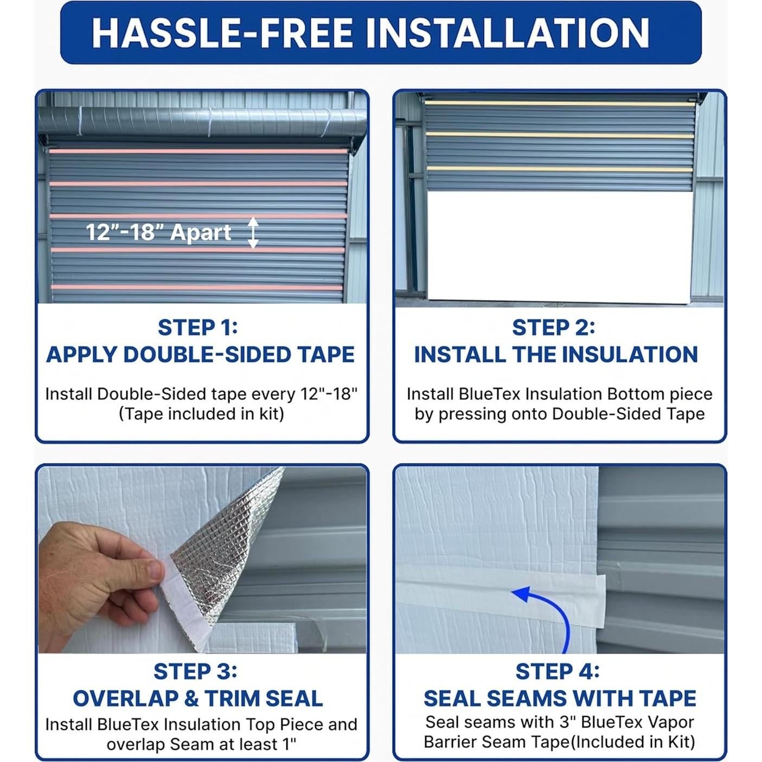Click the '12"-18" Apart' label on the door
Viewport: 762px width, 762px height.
click(158, 233)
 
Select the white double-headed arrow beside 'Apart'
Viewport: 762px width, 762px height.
click(253, 233)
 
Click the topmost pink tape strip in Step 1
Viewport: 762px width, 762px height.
click(198, 151)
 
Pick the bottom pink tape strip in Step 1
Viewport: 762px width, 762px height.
click(198, 287)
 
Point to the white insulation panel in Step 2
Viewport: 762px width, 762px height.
click(559, 247)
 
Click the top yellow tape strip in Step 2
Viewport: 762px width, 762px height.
click(559, 102)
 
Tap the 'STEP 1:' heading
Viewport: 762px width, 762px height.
click(198, 328)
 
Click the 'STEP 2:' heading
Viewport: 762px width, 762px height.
click(553, 328)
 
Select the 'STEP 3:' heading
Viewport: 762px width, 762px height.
click(195, 671)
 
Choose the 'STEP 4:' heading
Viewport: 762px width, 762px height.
click(557, 671)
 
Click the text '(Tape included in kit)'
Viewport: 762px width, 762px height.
click(201, 414)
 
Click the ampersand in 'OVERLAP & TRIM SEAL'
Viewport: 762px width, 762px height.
click(191, 699)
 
